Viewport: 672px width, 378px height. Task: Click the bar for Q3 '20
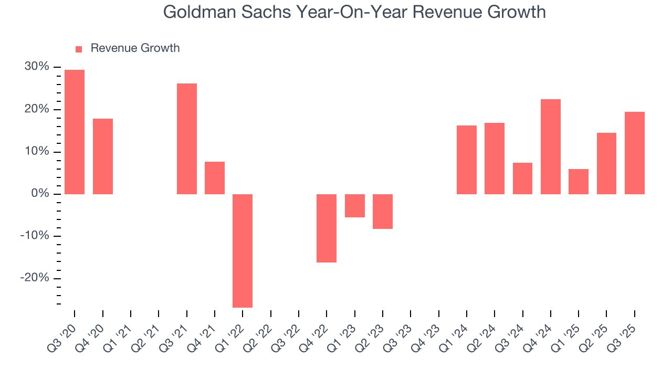pyautogui.click(x=75, y=132)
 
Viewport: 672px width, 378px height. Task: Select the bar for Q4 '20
pyautogui.click(x=103, y=156)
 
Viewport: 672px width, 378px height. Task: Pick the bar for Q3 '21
pyautogui.click(x=187, y=139)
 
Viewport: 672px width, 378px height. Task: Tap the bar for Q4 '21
pyautogui.click(x=215, y=178)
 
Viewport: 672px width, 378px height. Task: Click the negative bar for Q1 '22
pyautogui.click(x=243, y=250)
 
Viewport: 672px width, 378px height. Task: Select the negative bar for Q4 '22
pyautogui.click(x=327, y=228)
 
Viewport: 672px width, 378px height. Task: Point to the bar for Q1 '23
pyautogui.click(x=355, y=206)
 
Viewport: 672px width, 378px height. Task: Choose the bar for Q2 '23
pyautogui.click(x=383, y=212)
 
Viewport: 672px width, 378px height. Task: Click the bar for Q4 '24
pyautogui.click(x=551, y=146)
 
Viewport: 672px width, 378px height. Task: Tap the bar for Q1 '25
pyautogui.click(x=579, y=182)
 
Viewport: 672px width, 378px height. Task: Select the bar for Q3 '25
pyautogui.click(x=635, y=153)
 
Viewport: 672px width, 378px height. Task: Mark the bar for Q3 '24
pyautogui.click(x=522, y=178)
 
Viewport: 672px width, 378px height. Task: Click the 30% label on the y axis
pyautogui.click(x=37, y=67)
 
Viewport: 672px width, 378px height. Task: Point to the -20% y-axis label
pyautogui.click(x=35, y=278)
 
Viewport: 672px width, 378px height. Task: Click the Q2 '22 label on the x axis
pyautogui.click(x=261, y=332)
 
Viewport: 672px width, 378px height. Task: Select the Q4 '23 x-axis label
pyautogui.click(x=429, y=332)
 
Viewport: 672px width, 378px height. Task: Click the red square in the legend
pyautogui.click(x=79, y=49)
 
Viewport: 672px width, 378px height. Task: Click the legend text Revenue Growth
pyautogui.click(x=135, y=48)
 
